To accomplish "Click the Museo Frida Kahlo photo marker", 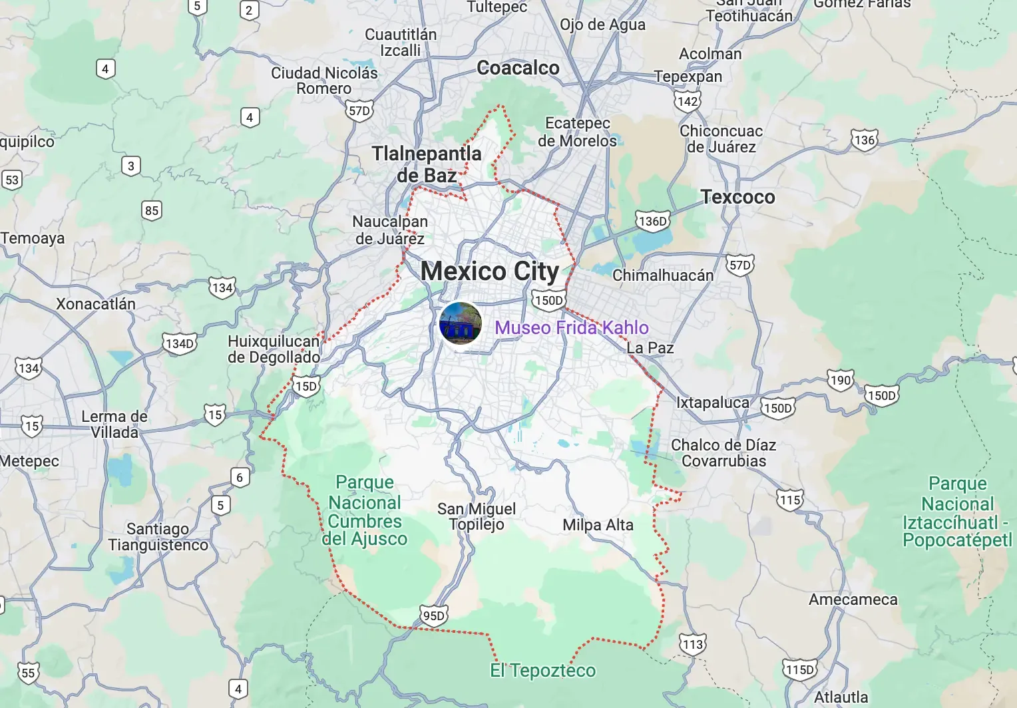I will pos(460,323).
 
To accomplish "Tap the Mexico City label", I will pos(490,271).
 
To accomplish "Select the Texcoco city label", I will pos(737,197).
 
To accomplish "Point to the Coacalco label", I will pos(518,68).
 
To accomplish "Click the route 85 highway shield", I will pos(152,211).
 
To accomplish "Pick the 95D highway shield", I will pos(433,616).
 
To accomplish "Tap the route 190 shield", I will pos(841,380).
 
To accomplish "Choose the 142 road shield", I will pos(688,101).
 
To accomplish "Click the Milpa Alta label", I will pos(598,525).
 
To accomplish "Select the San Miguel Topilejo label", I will pos(477,516).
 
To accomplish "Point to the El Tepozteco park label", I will pos(542,670).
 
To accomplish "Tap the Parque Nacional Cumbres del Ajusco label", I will pos(365,510).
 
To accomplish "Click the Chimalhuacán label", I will pos(662,275).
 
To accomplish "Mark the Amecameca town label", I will pos(853,600).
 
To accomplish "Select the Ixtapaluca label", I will pos(712,403).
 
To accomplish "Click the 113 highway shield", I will pos(693,644).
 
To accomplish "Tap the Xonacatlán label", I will pos(96,304).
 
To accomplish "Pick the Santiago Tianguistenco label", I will pos(158,537).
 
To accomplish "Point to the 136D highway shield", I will pos(652,221).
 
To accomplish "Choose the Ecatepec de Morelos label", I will pos(577,132).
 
